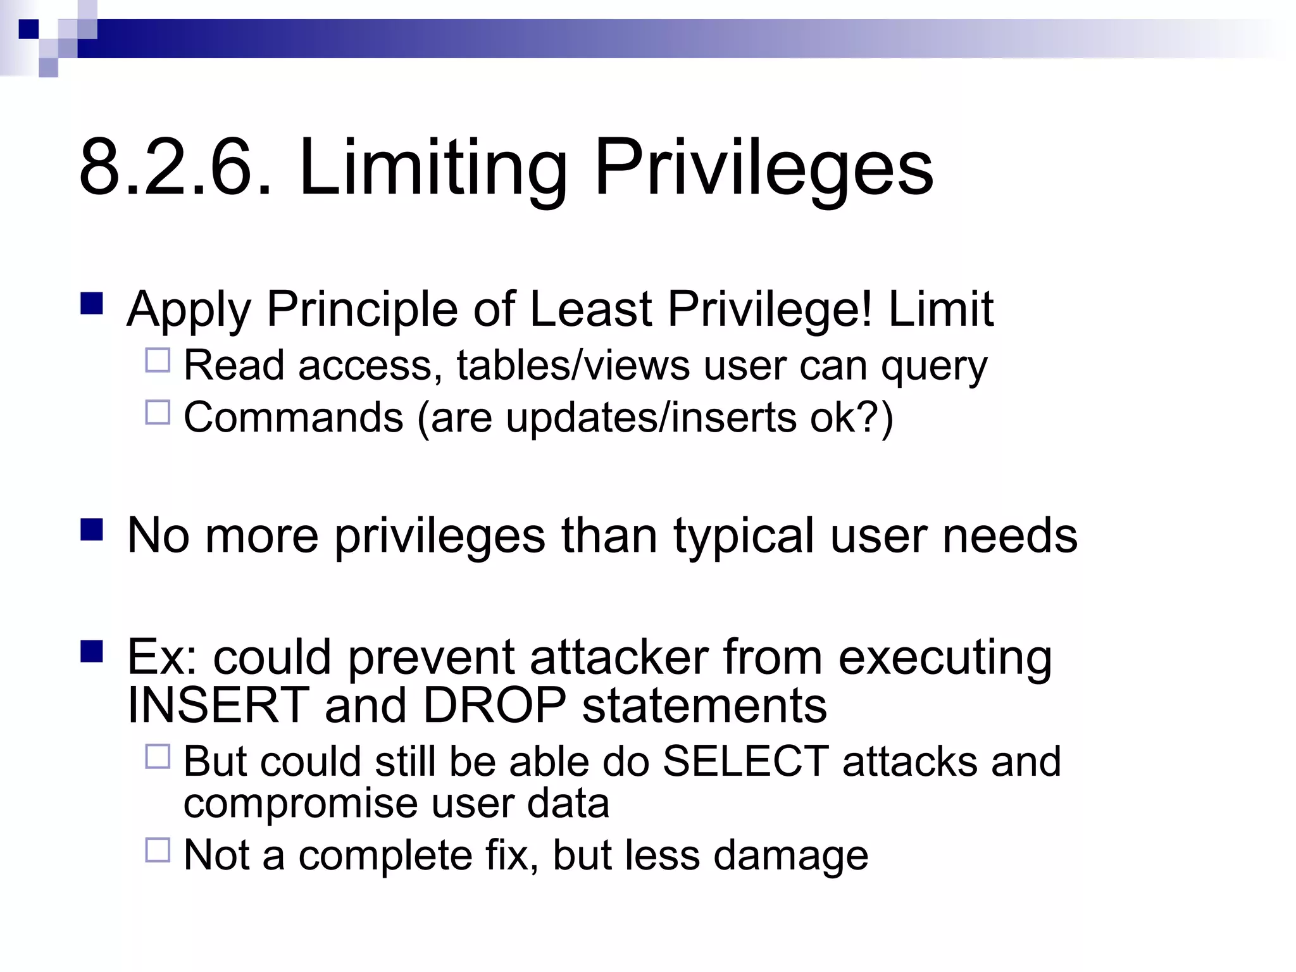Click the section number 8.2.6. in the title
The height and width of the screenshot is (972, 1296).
point(175,168)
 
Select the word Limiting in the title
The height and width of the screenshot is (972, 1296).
point(432,168)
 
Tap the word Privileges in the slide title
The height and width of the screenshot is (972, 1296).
point(763,168)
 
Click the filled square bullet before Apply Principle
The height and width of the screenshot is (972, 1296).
point(92,304)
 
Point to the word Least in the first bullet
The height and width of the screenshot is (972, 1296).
point(590,309)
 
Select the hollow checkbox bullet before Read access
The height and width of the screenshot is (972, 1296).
point(158,361)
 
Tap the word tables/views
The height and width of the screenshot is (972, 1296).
point(573,366)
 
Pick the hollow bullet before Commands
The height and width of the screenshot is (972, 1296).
point(158,413)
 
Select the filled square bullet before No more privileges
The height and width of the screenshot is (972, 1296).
point(92,530)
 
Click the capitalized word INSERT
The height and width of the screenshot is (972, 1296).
point(218,705)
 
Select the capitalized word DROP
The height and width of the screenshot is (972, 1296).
point(494,705)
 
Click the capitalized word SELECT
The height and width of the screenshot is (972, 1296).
point(745,761)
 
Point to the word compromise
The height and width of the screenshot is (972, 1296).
point(301,804)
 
